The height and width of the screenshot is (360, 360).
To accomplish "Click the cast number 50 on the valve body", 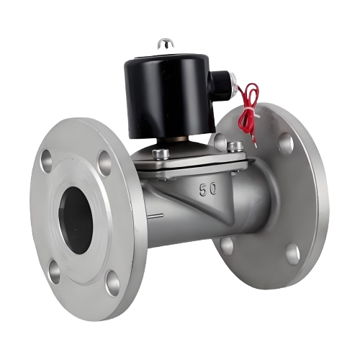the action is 208,189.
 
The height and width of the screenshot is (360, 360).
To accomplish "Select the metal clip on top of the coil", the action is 163,44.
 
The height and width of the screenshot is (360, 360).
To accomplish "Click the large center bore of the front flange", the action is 76,220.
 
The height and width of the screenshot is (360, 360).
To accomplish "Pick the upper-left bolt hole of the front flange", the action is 46,161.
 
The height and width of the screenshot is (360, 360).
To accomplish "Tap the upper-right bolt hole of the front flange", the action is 105,163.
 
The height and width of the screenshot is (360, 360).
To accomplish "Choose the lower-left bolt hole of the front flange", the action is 55,272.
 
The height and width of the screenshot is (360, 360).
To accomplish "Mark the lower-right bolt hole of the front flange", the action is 113,283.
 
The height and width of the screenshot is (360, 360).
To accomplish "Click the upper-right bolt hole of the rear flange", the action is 286,143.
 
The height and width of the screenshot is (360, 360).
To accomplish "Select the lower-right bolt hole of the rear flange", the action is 293,254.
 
